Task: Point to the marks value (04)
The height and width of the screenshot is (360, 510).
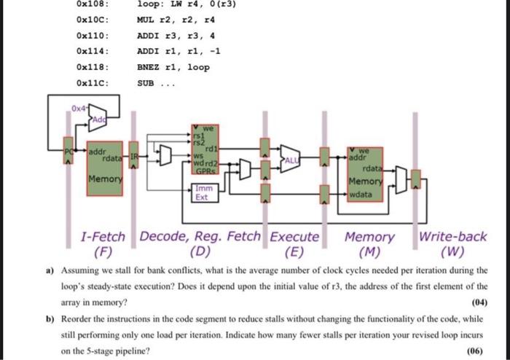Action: pyautogui.click(x=478, y=301)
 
